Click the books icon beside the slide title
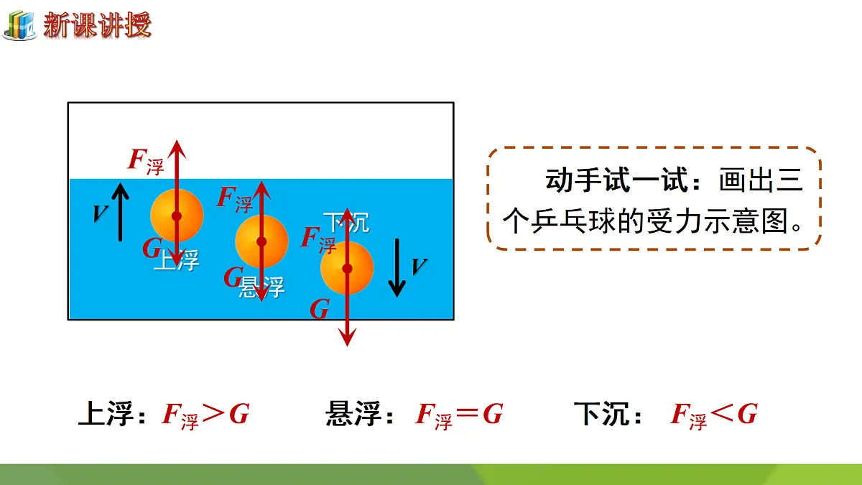tap(20, 24)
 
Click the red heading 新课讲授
tap(97, 25)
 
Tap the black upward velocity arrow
tap(121, 212)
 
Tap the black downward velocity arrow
tap(397, 268)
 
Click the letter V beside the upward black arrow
tap(101, 213)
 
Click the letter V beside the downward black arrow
tap(419, 267)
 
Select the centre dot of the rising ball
tap(177, 216)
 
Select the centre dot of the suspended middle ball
tap(261, 241)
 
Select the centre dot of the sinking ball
tap(347, 268)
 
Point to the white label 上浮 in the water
tap(177, 260)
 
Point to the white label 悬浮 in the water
tap(261, 287)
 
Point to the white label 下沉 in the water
tap(346, 223)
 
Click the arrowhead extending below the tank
tap(347, 337)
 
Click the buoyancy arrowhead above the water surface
tap(177, 149)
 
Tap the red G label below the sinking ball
tap(320, 309)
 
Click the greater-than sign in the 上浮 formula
tap(213, 413)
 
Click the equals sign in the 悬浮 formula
tap(467, 413)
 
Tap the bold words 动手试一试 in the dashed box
tap(617, 180)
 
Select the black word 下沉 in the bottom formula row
tap(601, 414)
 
